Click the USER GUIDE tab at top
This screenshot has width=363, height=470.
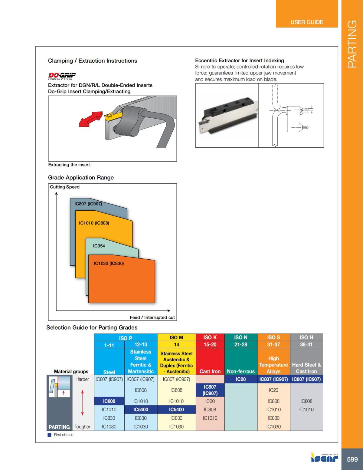click(x=306, y=22)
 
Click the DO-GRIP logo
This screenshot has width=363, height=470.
click(x=62, y=75)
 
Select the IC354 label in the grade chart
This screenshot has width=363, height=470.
click(x=99, y=246)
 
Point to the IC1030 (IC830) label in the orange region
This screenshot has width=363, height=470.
click(x=109, y=263)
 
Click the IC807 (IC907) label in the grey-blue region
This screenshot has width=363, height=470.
click(x=88, y=204)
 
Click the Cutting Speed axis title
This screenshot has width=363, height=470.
click(x=64, y=187)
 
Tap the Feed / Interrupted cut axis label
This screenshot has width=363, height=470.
click(x=152, y=317)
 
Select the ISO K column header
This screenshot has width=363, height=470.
click(x=210, y=337)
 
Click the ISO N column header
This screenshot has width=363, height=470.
click(x=240, y=337)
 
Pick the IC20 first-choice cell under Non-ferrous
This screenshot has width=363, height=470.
click(x=240, y=379)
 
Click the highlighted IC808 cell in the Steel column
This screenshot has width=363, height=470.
click(x=109, y=401)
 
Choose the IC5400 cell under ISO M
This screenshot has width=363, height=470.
click(x=176, y=409)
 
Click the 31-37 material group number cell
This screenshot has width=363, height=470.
click(x=273, y=344)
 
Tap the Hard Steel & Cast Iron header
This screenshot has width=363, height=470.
click(x=306, y=368)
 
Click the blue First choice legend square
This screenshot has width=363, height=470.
click(x=50, y=435)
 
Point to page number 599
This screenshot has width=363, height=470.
click(x=352, y=459)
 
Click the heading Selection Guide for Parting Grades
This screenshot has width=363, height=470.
click(x=92, y=327)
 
